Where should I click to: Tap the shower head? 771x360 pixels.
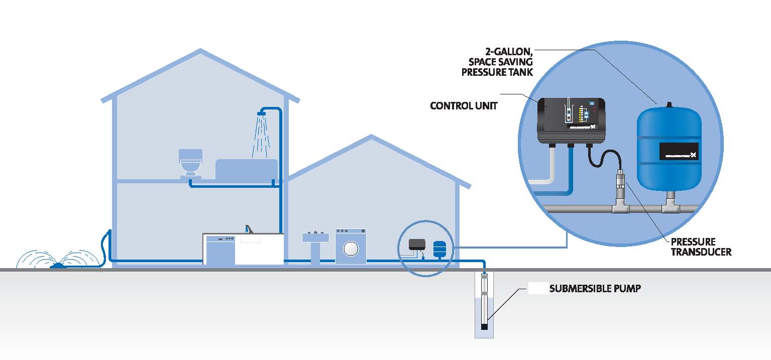260,114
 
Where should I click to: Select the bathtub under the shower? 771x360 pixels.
247,169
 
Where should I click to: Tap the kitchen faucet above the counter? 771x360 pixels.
247,229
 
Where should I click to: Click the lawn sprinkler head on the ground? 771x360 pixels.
59,265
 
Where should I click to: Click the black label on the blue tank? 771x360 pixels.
679,151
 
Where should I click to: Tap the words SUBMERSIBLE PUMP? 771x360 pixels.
595,289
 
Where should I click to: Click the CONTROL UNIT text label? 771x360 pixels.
464,106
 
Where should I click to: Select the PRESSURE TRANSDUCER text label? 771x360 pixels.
701,247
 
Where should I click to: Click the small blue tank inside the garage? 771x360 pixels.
439,248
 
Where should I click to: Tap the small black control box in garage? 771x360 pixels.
417,244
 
